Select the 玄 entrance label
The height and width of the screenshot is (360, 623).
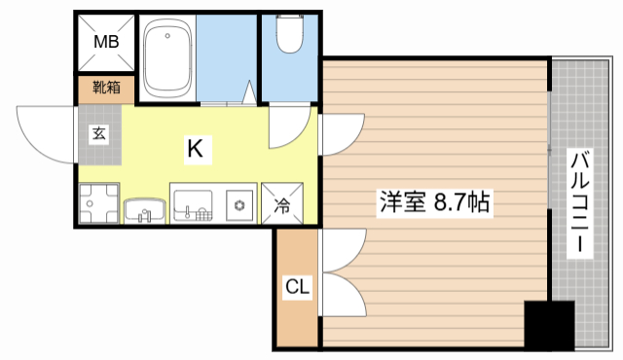pyautogui.click(x=99, y=134)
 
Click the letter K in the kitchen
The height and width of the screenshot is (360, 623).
pyautogui.click(x=195, y=148)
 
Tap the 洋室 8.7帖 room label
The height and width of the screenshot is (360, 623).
pyautogui.click(x=433, y=203)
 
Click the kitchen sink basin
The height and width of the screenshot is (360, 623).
pyautogui.click(x=193, y=204)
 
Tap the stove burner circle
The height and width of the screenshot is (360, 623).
pyautogui.click(x=238, y=204)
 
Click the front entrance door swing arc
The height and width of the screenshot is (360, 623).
pyautogui.click(x=44, y=131)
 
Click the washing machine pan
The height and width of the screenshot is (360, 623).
pyautogui.click(x=97, y=203)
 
